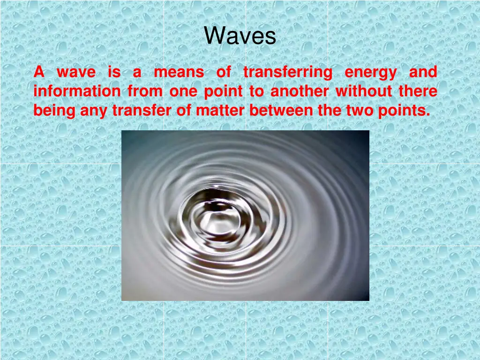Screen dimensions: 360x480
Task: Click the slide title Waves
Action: point(240,36)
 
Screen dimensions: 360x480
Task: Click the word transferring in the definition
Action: point(287,72)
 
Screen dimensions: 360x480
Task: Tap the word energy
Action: point(370,73)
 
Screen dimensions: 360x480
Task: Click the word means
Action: point(179,73)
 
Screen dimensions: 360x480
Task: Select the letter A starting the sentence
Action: point(39,72)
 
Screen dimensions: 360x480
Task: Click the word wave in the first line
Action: point(76,73)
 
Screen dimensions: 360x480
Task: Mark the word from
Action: point(145,91)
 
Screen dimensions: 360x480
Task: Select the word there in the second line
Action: point(418,91)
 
